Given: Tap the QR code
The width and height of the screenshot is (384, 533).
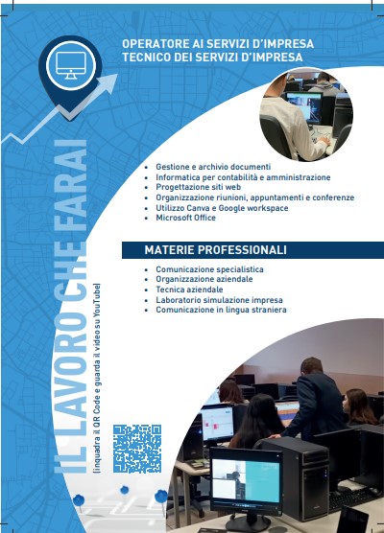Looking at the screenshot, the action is [x=137, y=449].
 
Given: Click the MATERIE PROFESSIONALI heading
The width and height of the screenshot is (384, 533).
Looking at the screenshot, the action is [x=215, y=250].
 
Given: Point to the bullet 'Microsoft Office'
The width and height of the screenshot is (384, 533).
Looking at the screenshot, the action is [x=186, y=218].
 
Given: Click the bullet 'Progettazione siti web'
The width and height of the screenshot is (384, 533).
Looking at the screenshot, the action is [x=199, y=187].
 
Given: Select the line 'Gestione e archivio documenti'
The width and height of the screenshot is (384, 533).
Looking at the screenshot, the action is [x=213, y=167].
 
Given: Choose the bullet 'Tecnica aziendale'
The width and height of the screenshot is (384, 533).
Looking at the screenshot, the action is [x=189, y=290].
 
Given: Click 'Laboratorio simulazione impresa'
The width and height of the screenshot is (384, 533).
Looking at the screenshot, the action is [x=219, y=300].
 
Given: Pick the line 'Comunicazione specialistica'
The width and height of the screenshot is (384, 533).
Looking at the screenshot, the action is [x=209, y=269].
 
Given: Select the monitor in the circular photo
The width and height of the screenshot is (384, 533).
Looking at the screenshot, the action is [x=304, y=107].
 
